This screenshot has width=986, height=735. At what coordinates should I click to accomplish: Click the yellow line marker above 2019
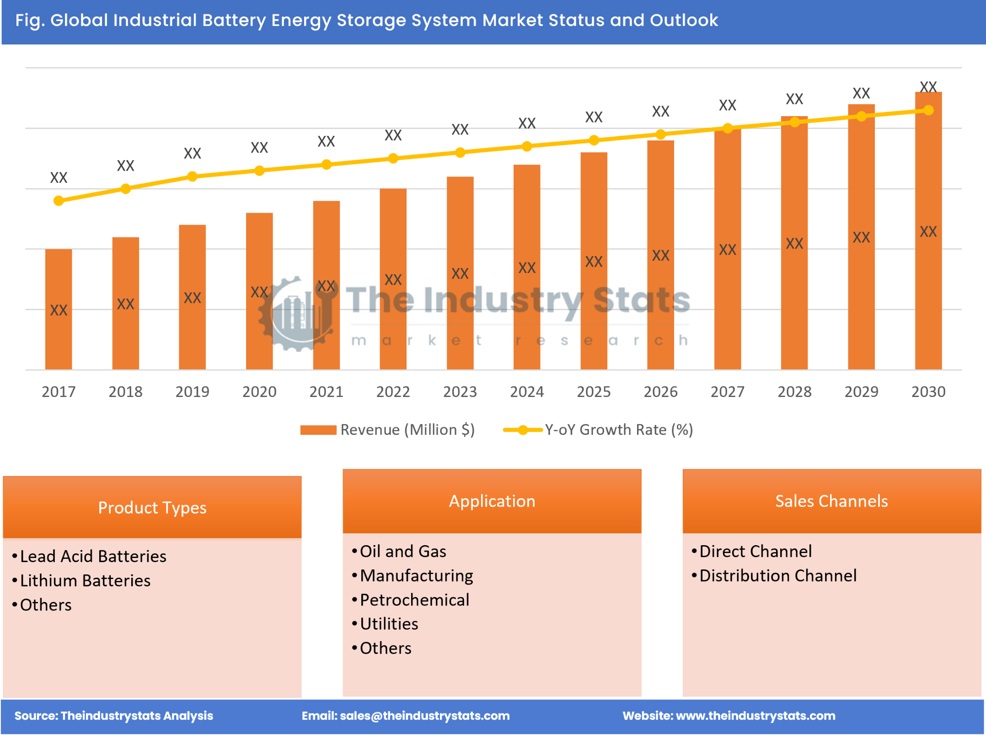click(193, 177)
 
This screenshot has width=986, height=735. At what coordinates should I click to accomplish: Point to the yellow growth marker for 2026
click(660, 134)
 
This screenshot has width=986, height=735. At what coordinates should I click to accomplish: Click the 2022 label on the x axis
click(393, 392)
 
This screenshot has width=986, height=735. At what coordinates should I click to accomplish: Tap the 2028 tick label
click(794, 392)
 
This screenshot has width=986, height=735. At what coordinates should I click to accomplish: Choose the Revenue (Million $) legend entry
click(388, 429)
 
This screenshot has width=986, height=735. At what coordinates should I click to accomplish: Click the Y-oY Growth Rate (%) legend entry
click(599, 429)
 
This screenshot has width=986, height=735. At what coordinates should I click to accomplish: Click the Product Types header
click(152, 507)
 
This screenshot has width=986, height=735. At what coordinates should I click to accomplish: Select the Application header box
click(492, 501)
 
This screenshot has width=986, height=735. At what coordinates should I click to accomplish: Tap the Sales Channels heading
click(831, 501)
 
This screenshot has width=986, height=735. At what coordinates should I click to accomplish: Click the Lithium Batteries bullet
click(85, 580)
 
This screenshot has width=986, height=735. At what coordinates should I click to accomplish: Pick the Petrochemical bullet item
click(414, 600)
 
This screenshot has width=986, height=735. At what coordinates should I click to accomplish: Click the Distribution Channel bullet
click(778, 575)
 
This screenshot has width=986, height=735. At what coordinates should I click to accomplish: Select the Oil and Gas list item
click(403, 551)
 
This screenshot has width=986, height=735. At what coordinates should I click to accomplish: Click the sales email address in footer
click(424, 716)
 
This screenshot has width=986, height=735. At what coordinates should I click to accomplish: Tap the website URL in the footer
click(755, 716)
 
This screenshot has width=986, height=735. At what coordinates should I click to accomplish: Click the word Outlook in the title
click(684, 20)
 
